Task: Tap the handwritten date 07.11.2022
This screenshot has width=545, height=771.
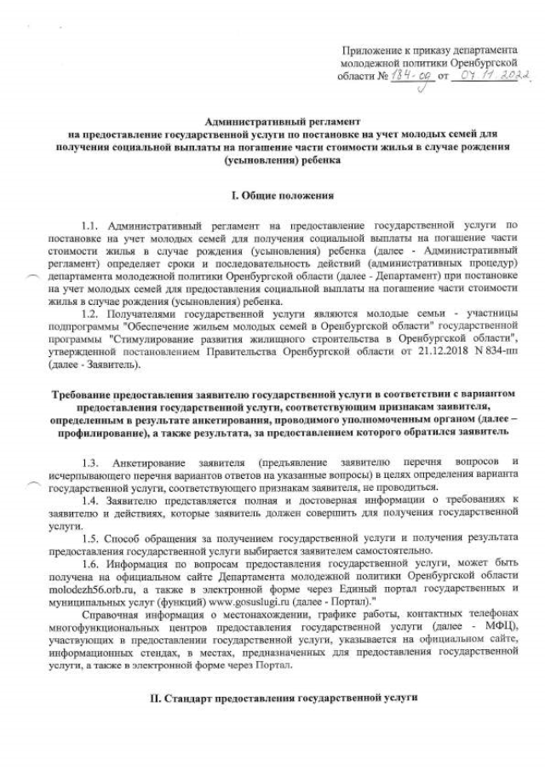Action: (x=494, y=77)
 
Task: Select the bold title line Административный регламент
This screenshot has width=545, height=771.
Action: (x=271, y=123)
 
